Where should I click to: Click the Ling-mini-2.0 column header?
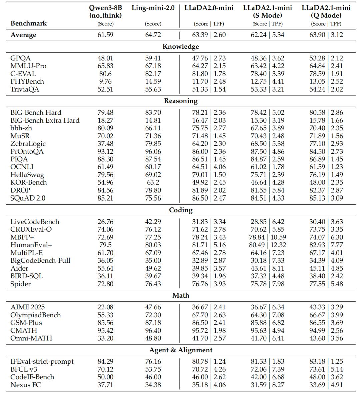point(153,8)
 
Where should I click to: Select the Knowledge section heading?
point(181,47)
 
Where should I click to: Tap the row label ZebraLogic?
point(28,144)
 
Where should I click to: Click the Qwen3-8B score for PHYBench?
point(105,81)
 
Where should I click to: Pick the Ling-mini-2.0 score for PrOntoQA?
point(153,151)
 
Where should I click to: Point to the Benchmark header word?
point(29,23)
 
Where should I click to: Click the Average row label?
point(23,35)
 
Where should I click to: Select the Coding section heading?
point(181,210)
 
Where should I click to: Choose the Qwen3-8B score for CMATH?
point(105,330)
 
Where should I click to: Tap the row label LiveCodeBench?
point(35,222)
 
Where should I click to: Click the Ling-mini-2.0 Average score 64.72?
point(153,35)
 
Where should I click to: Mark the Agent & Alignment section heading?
point(181,350)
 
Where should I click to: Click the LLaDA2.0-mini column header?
point(209,8)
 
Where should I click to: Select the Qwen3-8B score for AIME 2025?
point(105,307)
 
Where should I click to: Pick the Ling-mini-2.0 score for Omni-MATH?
point(153,338)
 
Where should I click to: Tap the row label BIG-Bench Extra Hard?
point(45,120)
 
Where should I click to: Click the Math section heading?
point(181,295)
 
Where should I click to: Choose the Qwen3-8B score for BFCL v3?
point(105,369)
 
